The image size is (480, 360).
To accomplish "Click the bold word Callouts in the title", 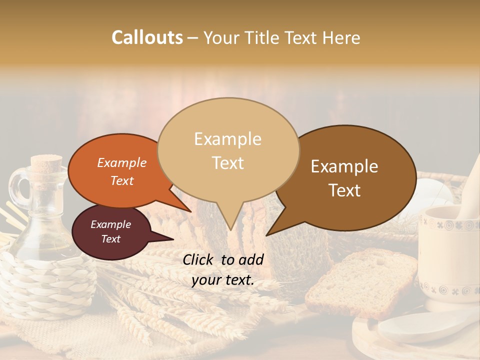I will pos(147,37).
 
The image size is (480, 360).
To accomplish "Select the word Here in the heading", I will pos(342,37).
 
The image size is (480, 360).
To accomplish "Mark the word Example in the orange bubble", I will pos(121,162).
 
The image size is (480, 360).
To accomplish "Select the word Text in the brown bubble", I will pos(345,190).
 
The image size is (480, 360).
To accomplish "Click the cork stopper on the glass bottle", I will pos(46,163).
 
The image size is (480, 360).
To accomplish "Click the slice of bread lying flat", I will pos(360,282).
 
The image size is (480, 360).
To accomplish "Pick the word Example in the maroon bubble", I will pos(110,224).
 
